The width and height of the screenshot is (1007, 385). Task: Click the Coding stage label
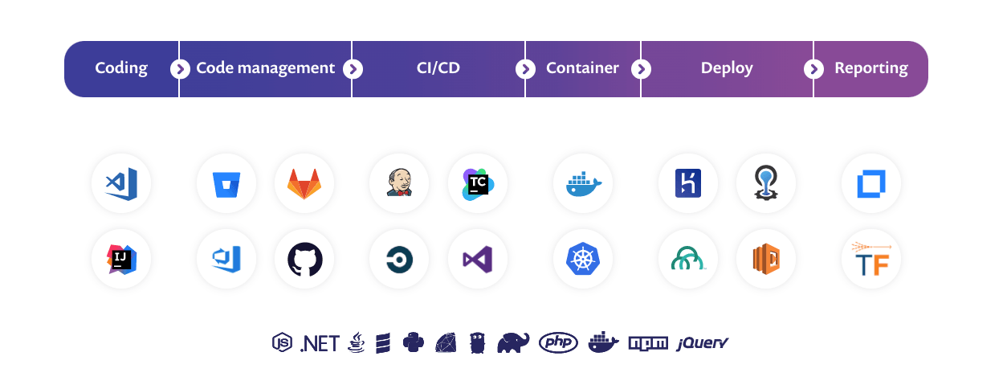tap(121, 68)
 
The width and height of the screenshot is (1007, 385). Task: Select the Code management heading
tap(265, 68)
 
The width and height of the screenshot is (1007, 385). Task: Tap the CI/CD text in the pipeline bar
tap(438, 68)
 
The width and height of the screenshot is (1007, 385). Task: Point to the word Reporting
tap(871, 68)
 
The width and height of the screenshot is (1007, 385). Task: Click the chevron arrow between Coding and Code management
tap(179, 69)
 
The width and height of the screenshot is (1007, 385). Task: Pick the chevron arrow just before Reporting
tap(813, 69)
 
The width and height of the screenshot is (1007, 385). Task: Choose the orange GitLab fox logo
tap(304, 183)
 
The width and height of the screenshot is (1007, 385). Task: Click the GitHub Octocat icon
tap(304, 259)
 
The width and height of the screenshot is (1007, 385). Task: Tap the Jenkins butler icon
tap(399, 183)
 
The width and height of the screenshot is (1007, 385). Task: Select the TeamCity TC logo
tap(478, 183)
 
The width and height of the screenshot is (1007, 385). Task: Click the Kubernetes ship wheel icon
tap(583, 259)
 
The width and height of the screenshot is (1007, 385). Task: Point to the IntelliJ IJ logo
tap(121, 259)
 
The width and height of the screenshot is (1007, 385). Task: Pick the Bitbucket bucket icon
tap(226, 183)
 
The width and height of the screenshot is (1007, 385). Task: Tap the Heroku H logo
tap(687, 183)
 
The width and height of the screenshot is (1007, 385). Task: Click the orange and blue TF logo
tap(871, 259)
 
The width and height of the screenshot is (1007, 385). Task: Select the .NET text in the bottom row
tap(320, 343)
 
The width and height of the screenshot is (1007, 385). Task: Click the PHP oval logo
tap(559, 343)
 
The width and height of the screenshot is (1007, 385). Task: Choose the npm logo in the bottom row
tap(648, 343)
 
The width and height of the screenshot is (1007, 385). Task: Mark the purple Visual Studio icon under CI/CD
tap(478, 259)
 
